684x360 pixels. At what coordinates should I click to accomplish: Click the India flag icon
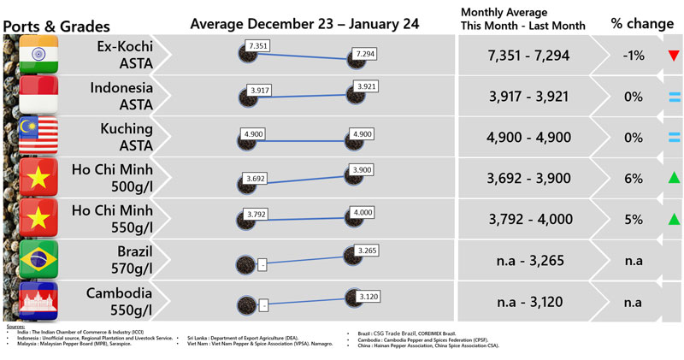point(37,54)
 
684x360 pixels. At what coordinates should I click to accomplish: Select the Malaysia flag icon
point(37,137)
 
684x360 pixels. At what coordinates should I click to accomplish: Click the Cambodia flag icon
point(37,302)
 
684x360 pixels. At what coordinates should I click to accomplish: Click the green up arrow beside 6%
point(674,179)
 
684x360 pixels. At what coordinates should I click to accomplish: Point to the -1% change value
point(633,56)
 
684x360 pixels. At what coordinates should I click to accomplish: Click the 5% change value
point(633,220)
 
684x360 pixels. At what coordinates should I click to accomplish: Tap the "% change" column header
point(641,23)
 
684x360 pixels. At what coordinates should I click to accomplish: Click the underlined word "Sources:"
point(15,327)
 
